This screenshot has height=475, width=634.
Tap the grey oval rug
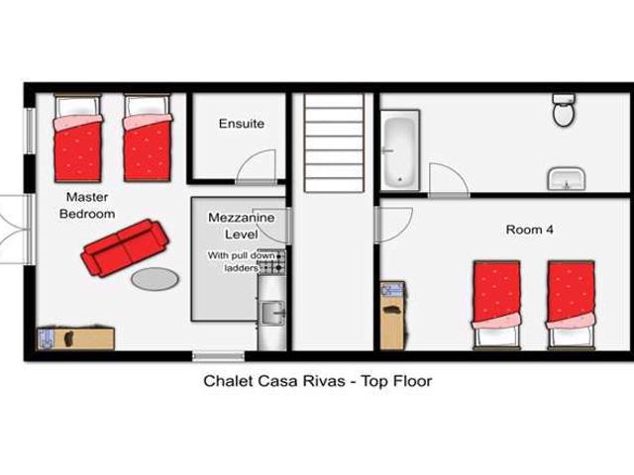tap(155, 279)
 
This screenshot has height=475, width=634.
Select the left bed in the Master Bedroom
tap(77, 140)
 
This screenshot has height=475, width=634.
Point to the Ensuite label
tap(242, 124)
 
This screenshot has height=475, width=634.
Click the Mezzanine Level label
tap(234, 226)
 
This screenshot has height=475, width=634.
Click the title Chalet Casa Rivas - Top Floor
tap(317, 379)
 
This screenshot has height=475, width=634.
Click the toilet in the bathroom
tap(564, 111)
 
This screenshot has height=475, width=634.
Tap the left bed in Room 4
tap(496, 301)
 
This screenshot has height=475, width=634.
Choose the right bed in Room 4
tap(571, 301)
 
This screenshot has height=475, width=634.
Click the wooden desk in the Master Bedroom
tap(75, 337)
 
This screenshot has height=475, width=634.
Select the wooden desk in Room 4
tap(392, 314)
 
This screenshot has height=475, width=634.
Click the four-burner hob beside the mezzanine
tap(271, 261)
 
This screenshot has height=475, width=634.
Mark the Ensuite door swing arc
tap(260, 164)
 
